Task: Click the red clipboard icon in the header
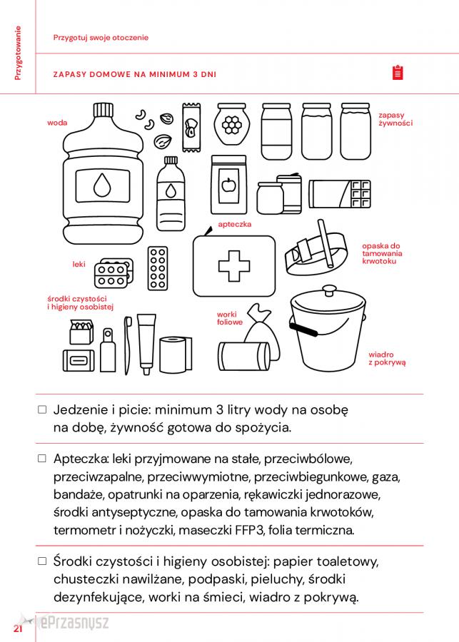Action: point(398,72)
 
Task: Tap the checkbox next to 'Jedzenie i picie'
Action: point(42,409)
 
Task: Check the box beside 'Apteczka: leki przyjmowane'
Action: point(42,458)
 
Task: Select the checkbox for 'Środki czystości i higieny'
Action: point(42,561)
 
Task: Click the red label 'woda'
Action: point(57,123)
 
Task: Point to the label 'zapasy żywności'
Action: point(395,119)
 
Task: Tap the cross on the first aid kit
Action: point(234,266)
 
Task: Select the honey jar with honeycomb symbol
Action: point(231,124)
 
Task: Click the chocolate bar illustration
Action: point(340,194)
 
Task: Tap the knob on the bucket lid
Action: point(328,290)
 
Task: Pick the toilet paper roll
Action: point(176,355)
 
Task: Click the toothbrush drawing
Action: point(128,345)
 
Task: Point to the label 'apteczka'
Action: point(234,225)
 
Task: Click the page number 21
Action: point(18,628)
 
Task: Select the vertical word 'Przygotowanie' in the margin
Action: point(18,53)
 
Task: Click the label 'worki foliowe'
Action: point(230,318)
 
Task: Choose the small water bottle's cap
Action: point(171,160)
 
